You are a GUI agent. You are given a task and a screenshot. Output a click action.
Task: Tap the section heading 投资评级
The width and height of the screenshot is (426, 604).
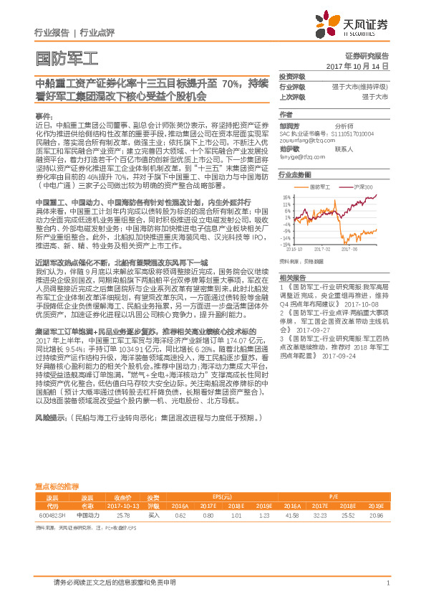[x=291, y=77]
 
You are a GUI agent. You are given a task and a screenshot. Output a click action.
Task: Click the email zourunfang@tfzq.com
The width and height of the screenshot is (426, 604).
[x=304, y=142]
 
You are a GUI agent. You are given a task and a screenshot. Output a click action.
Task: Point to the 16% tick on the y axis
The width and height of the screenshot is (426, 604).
[x=286, y=196]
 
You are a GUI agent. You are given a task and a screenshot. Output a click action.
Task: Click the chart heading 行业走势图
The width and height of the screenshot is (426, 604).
[x=295, y=174]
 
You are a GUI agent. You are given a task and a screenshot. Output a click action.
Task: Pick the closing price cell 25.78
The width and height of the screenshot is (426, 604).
[x=122, y=515]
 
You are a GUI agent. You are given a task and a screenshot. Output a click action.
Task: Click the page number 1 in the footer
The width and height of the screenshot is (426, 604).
[x=387, y=583]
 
